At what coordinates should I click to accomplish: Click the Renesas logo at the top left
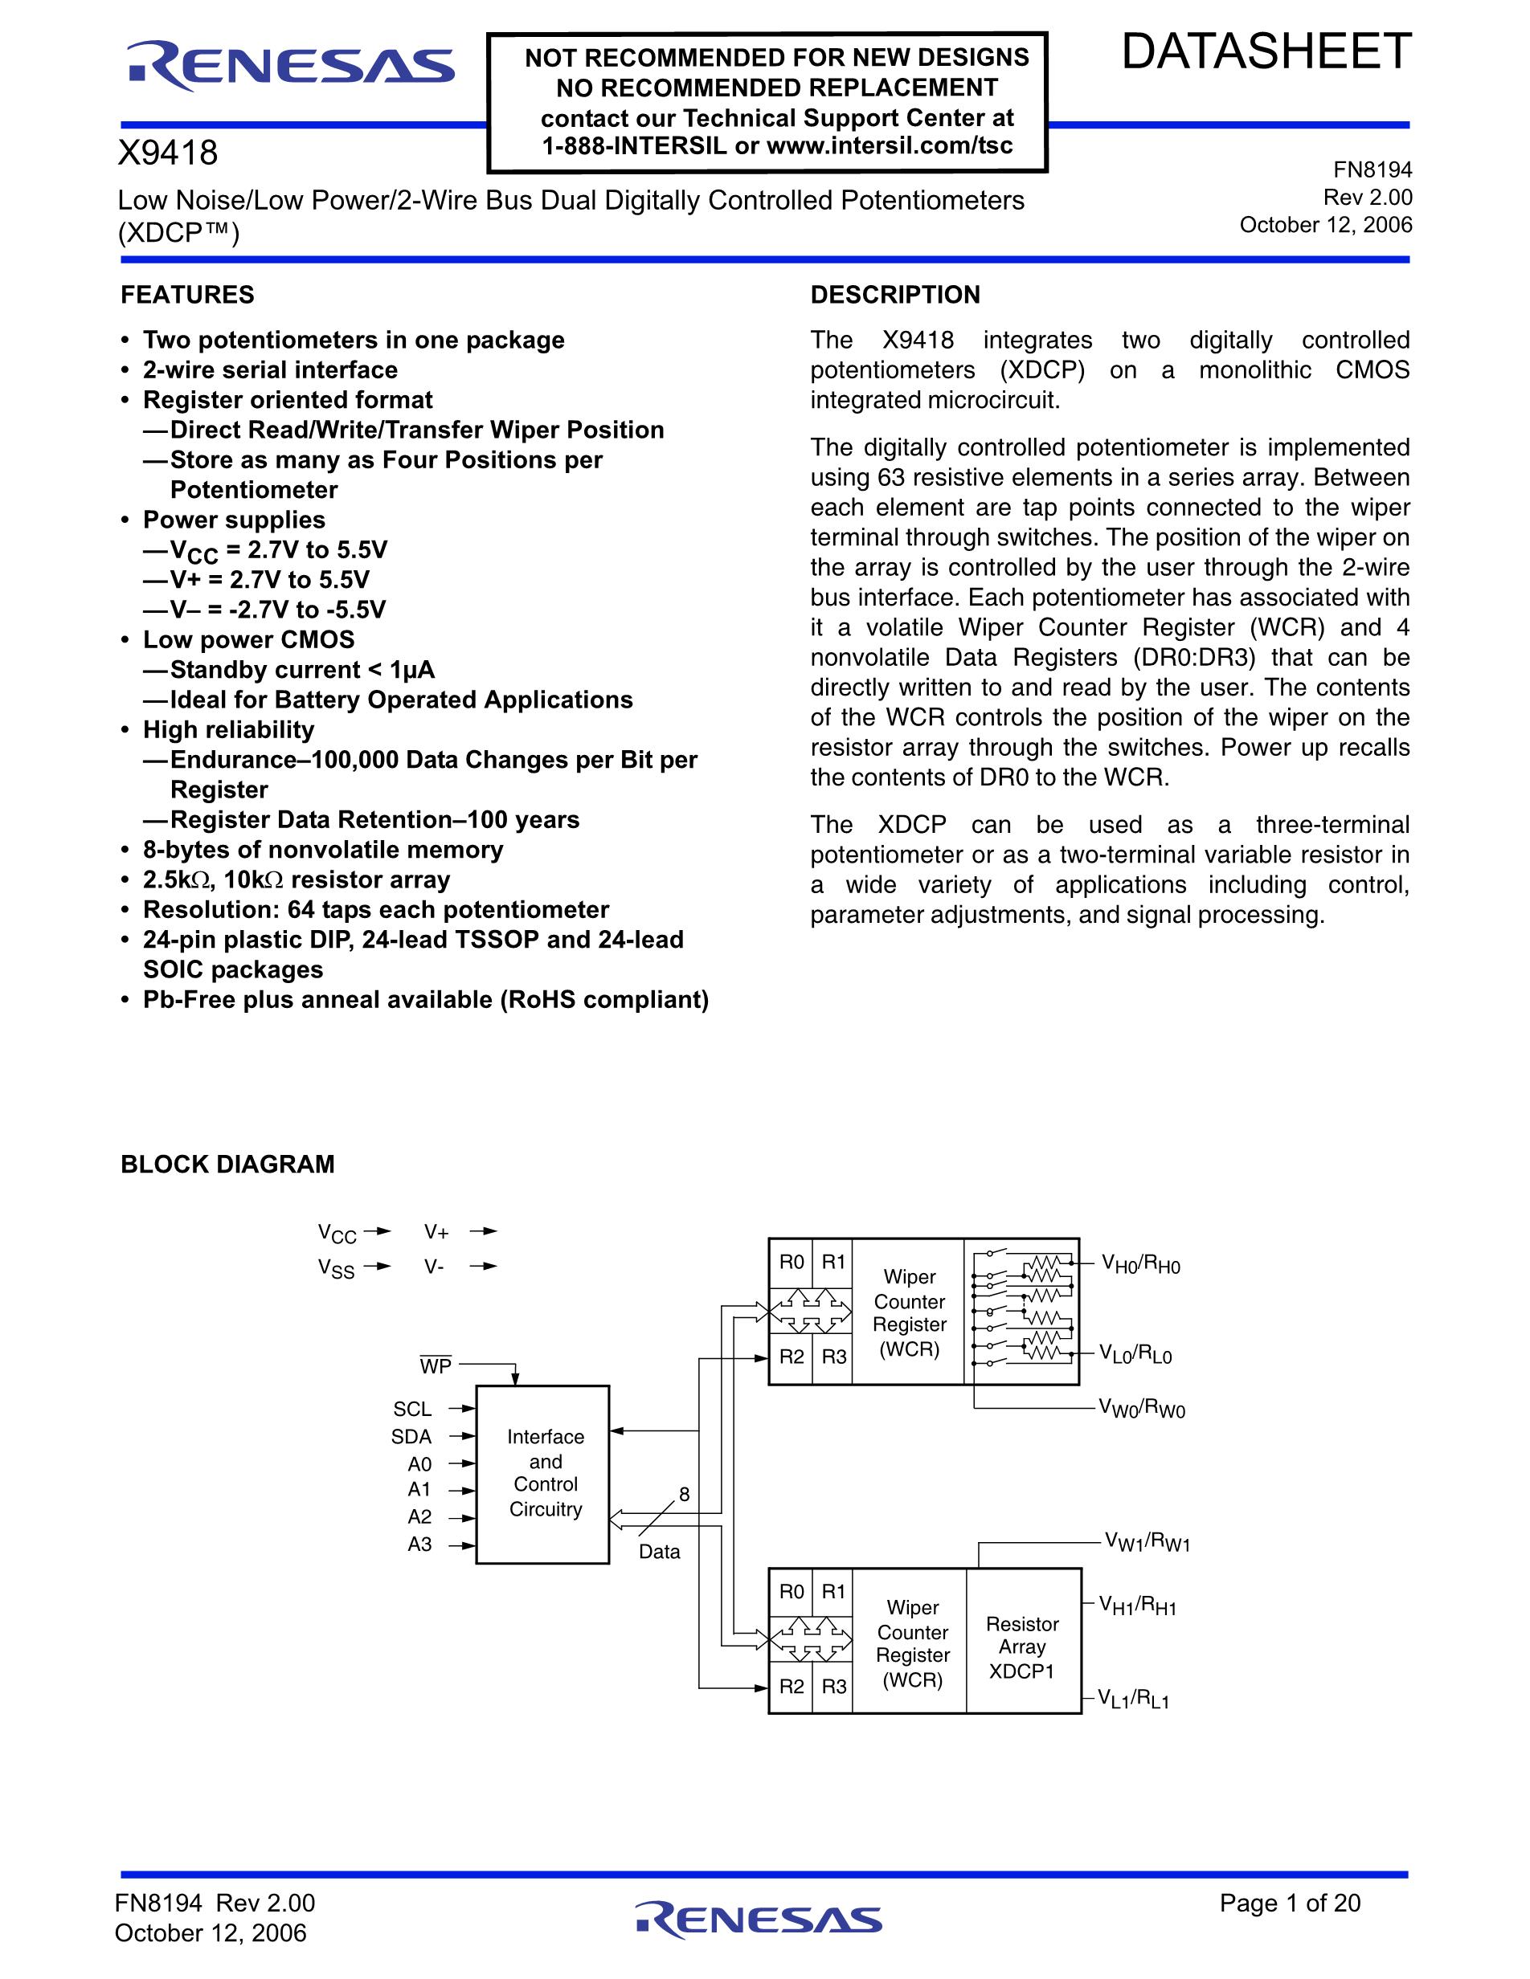pyautogui.click(x=290, y=67)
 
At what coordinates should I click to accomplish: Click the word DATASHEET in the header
pyautogui.click(x=1266, y=51)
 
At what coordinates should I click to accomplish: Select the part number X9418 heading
pyautogui.click(x=169, y=153)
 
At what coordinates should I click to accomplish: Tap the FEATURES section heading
pyautogui.click(x=187, y=296)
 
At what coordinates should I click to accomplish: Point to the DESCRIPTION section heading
pyautogui.click(x=894, y=296)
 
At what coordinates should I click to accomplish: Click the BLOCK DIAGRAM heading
pyautogui.click(x=227, y=1165)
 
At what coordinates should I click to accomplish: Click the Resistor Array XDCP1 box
pyautogui.click(x=1022, y=1647)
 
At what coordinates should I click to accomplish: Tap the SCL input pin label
pyautogui.click(x=412, y=1409)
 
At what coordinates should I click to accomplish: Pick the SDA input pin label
pyautogui.click(x=411, y=1436)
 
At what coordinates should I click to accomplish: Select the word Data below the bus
pyautogui.click(x=659, y=1551)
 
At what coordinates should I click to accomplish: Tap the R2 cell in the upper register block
pyautogui.click(x=792, y=1357)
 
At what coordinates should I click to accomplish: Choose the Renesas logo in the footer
pyautogui.click(x=759, y=1920)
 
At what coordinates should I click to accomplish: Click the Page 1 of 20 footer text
pyautogui.click(x=1290, y=1903)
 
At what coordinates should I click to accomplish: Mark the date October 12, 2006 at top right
pyautogui.click(x=1325, y=225)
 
